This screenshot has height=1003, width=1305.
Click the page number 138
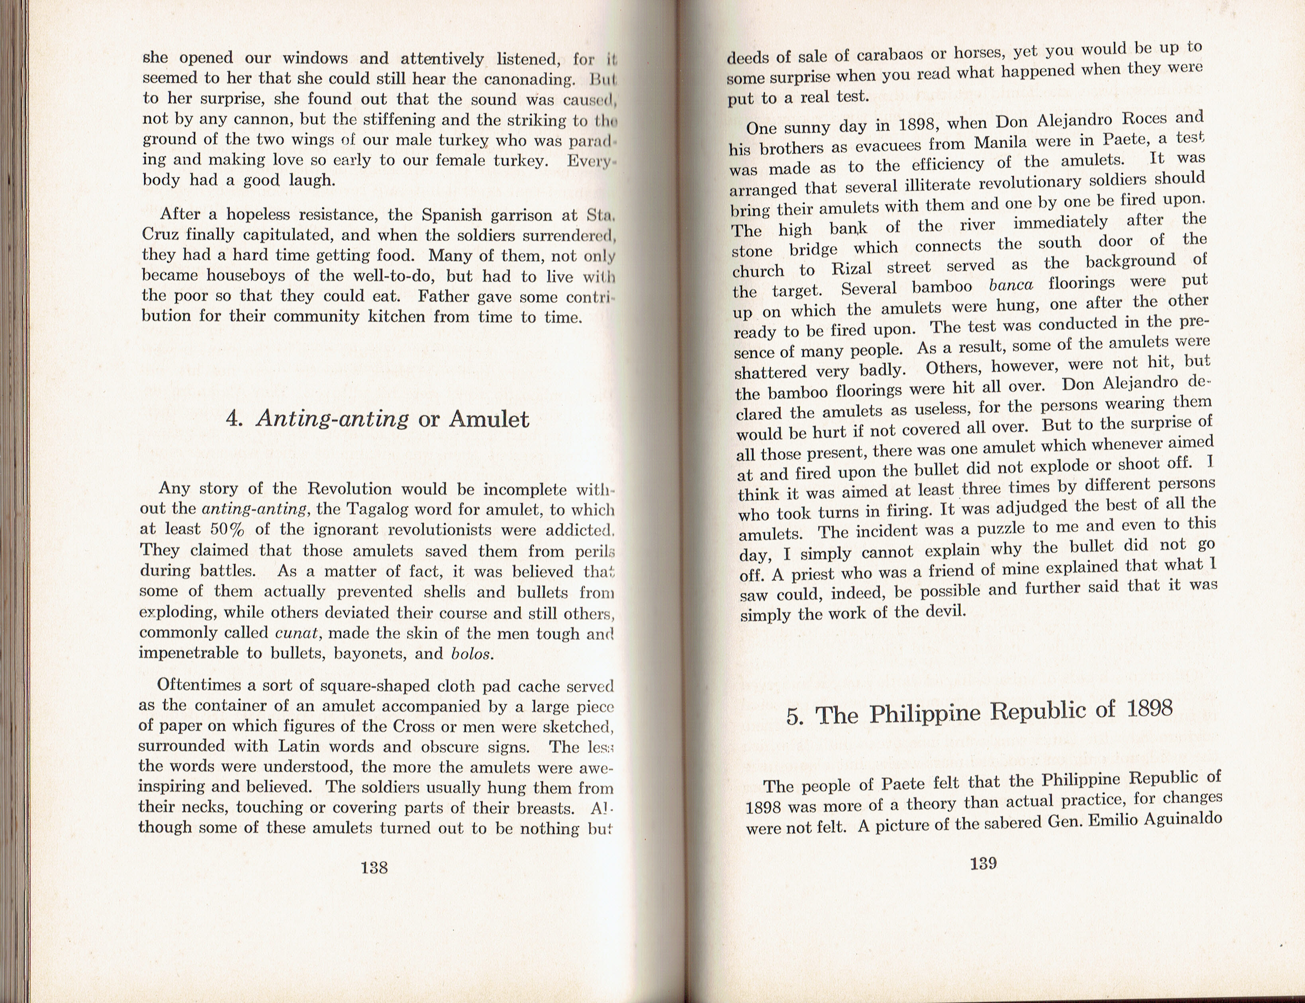coord(374,868)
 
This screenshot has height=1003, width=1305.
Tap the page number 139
coord(983,863)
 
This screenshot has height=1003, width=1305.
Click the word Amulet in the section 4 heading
coord(489,419)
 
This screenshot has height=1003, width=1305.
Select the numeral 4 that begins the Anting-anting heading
coord(233,419)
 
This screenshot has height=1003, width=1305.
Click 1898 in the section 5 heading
coord(1149,708)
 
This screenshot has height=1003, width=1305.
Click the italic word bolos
coord(472,653)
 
